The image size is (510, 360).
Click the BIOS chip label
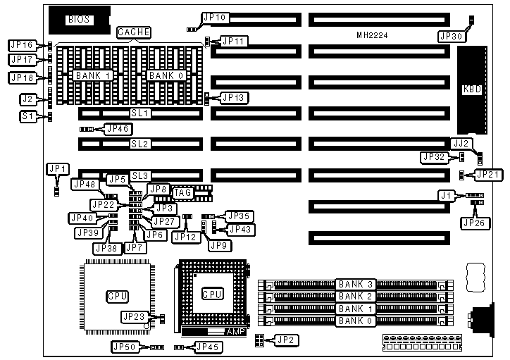click(78, 20)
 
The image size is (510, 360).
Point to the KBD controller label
click(471, 89)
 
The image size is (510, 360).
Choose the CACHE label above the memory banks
click(133, 33)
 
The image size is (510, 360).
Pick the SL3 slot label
click(140, 174)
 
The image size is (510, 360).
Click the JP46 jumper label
click(117, 128)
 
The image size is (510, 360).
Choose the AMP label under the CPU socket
click(234, 331)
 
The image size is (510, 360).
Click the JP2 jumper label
click(287, 340)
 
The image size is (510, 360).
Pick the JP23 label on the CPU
click(134, 316)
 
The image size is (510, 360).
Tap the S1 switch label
click(30, 116)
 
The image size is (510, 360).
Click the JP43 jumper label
click(242, 229)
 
